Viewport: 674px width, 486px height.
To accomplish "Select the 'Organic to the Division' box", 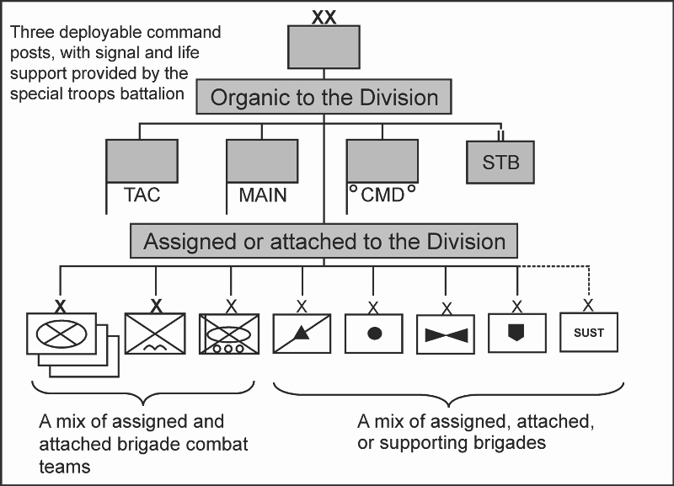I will [x=324, y=97].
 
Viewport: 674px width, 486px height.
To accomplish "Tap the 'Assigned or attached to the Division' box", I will [x=324, y=242].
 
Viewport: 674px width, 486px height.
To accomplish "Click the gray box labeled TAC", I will [x=142, y=161].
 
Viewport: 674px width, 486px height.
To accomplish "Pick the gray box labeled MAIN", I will [x=262, y=161].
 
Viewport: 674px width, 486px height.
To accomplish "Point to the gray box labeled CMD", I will [x=382, y=161].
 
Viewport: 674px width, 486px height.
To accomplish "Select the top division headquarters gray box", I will [x=324, y=47].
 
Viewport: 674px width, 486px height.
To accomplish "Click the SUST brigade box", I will [x=589, y=333].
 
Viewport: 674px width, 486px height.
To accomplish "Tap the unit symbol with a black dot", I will [x=374, y=334].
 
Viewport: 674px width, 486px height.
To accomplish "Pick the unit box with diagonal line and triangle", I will [x=302, y=334].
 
